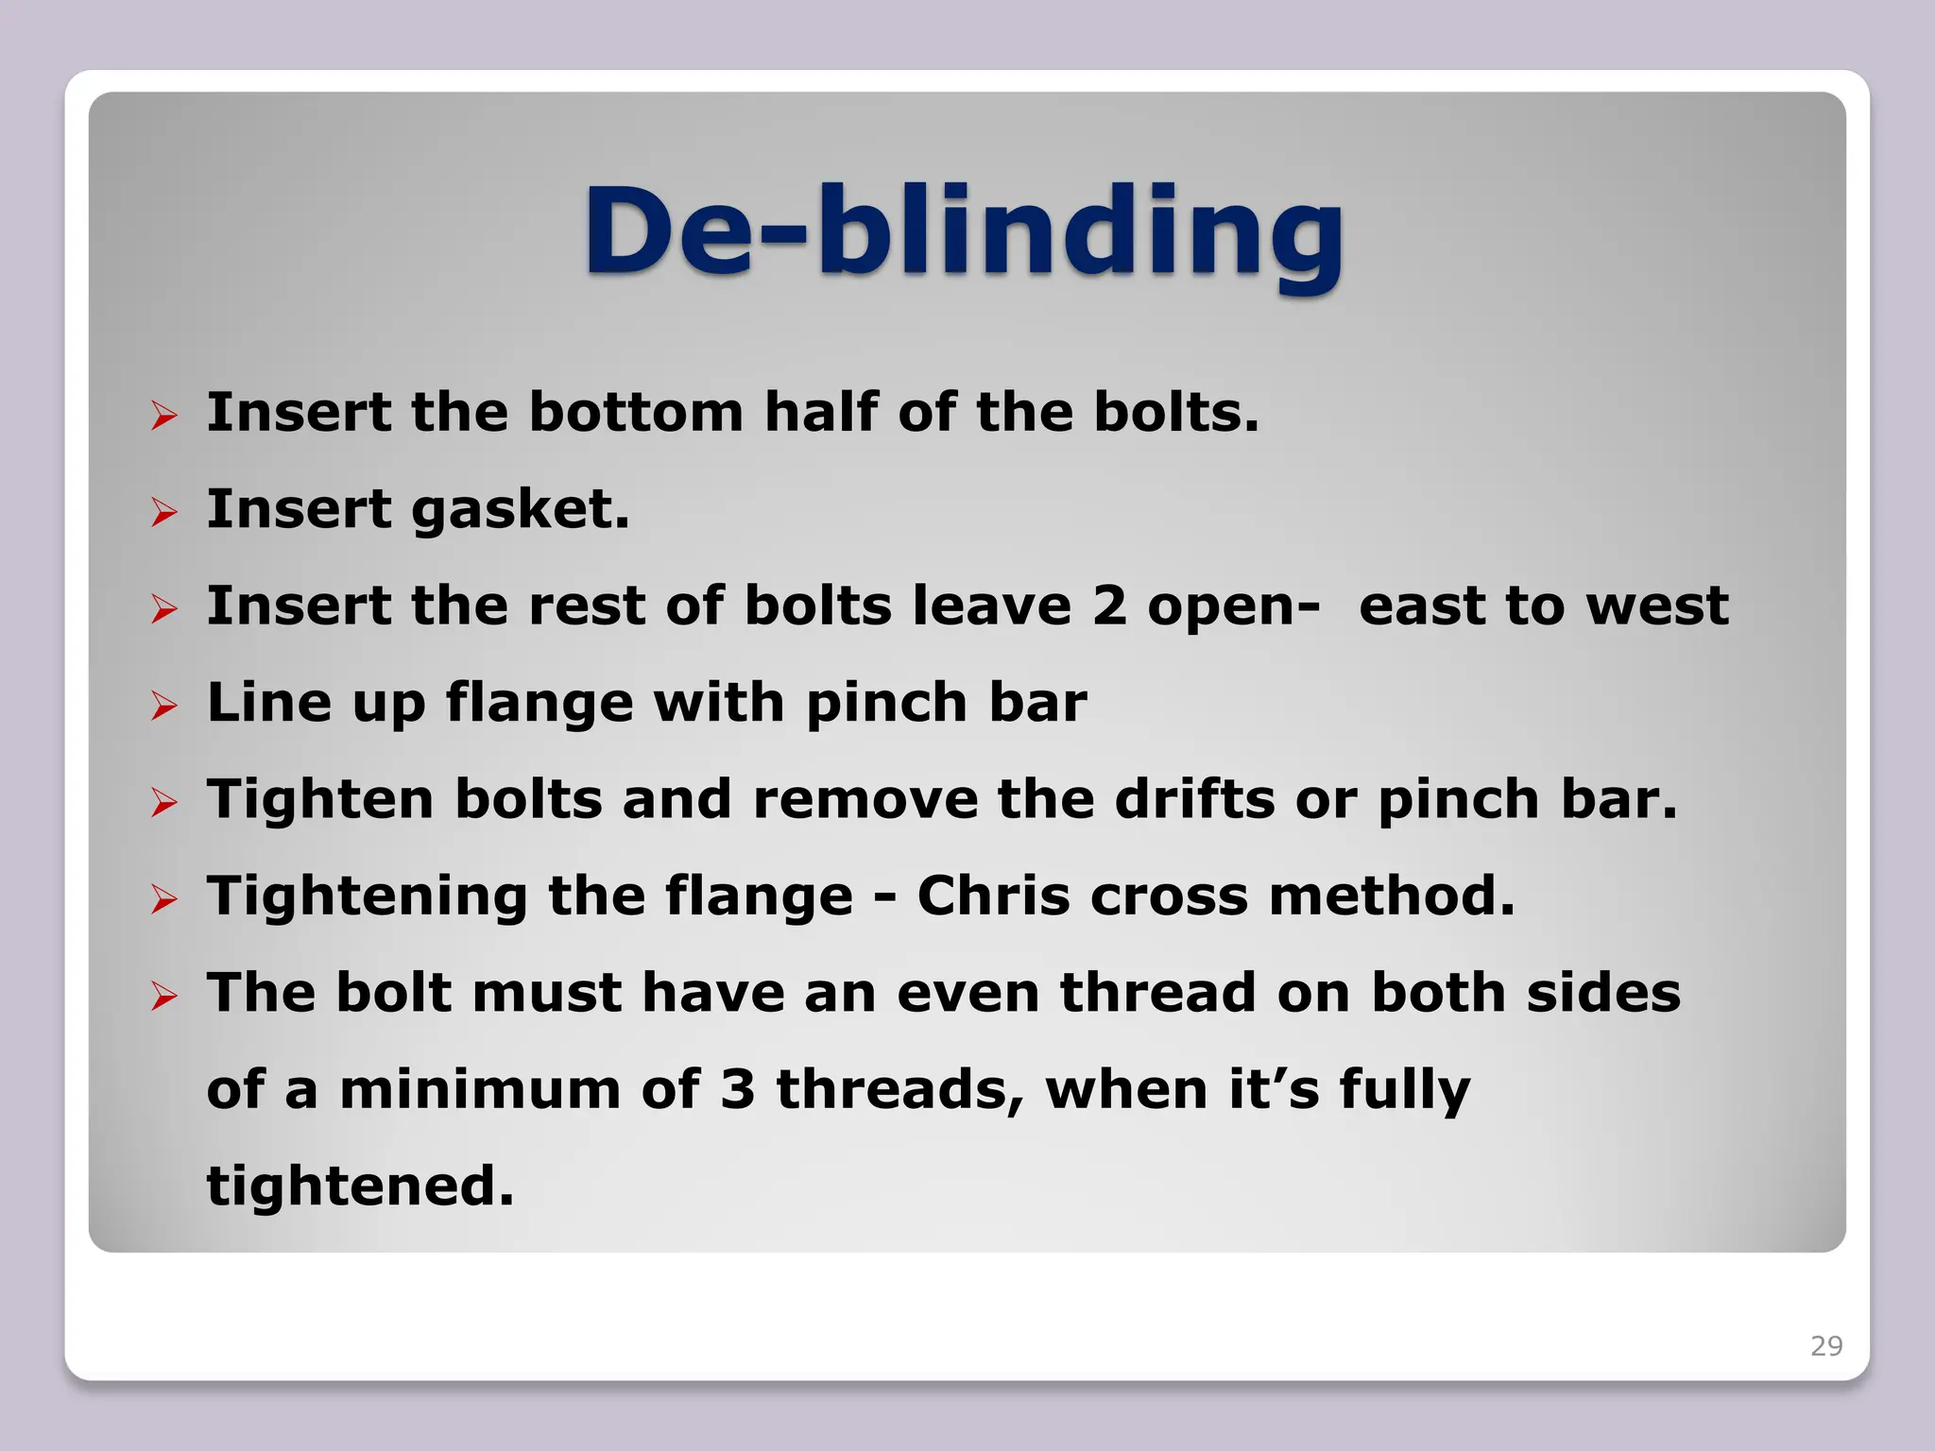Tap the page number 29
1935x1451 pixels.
coord(1825,1345)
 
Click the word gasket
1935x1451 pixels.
coord(521,510)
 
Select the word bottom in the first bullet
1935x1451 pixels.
coord(636,413)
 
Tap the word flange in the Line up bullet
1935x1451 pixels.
coord(539,703)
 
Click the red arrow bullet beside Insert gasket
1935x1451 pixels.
coord(164,513)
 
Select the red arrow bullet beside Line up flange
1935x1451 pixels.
coord(164,706)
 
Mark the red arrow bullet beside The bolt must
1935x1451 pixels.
coord(164,996)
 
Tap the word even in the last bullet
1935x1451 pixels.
coord(967,993)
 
